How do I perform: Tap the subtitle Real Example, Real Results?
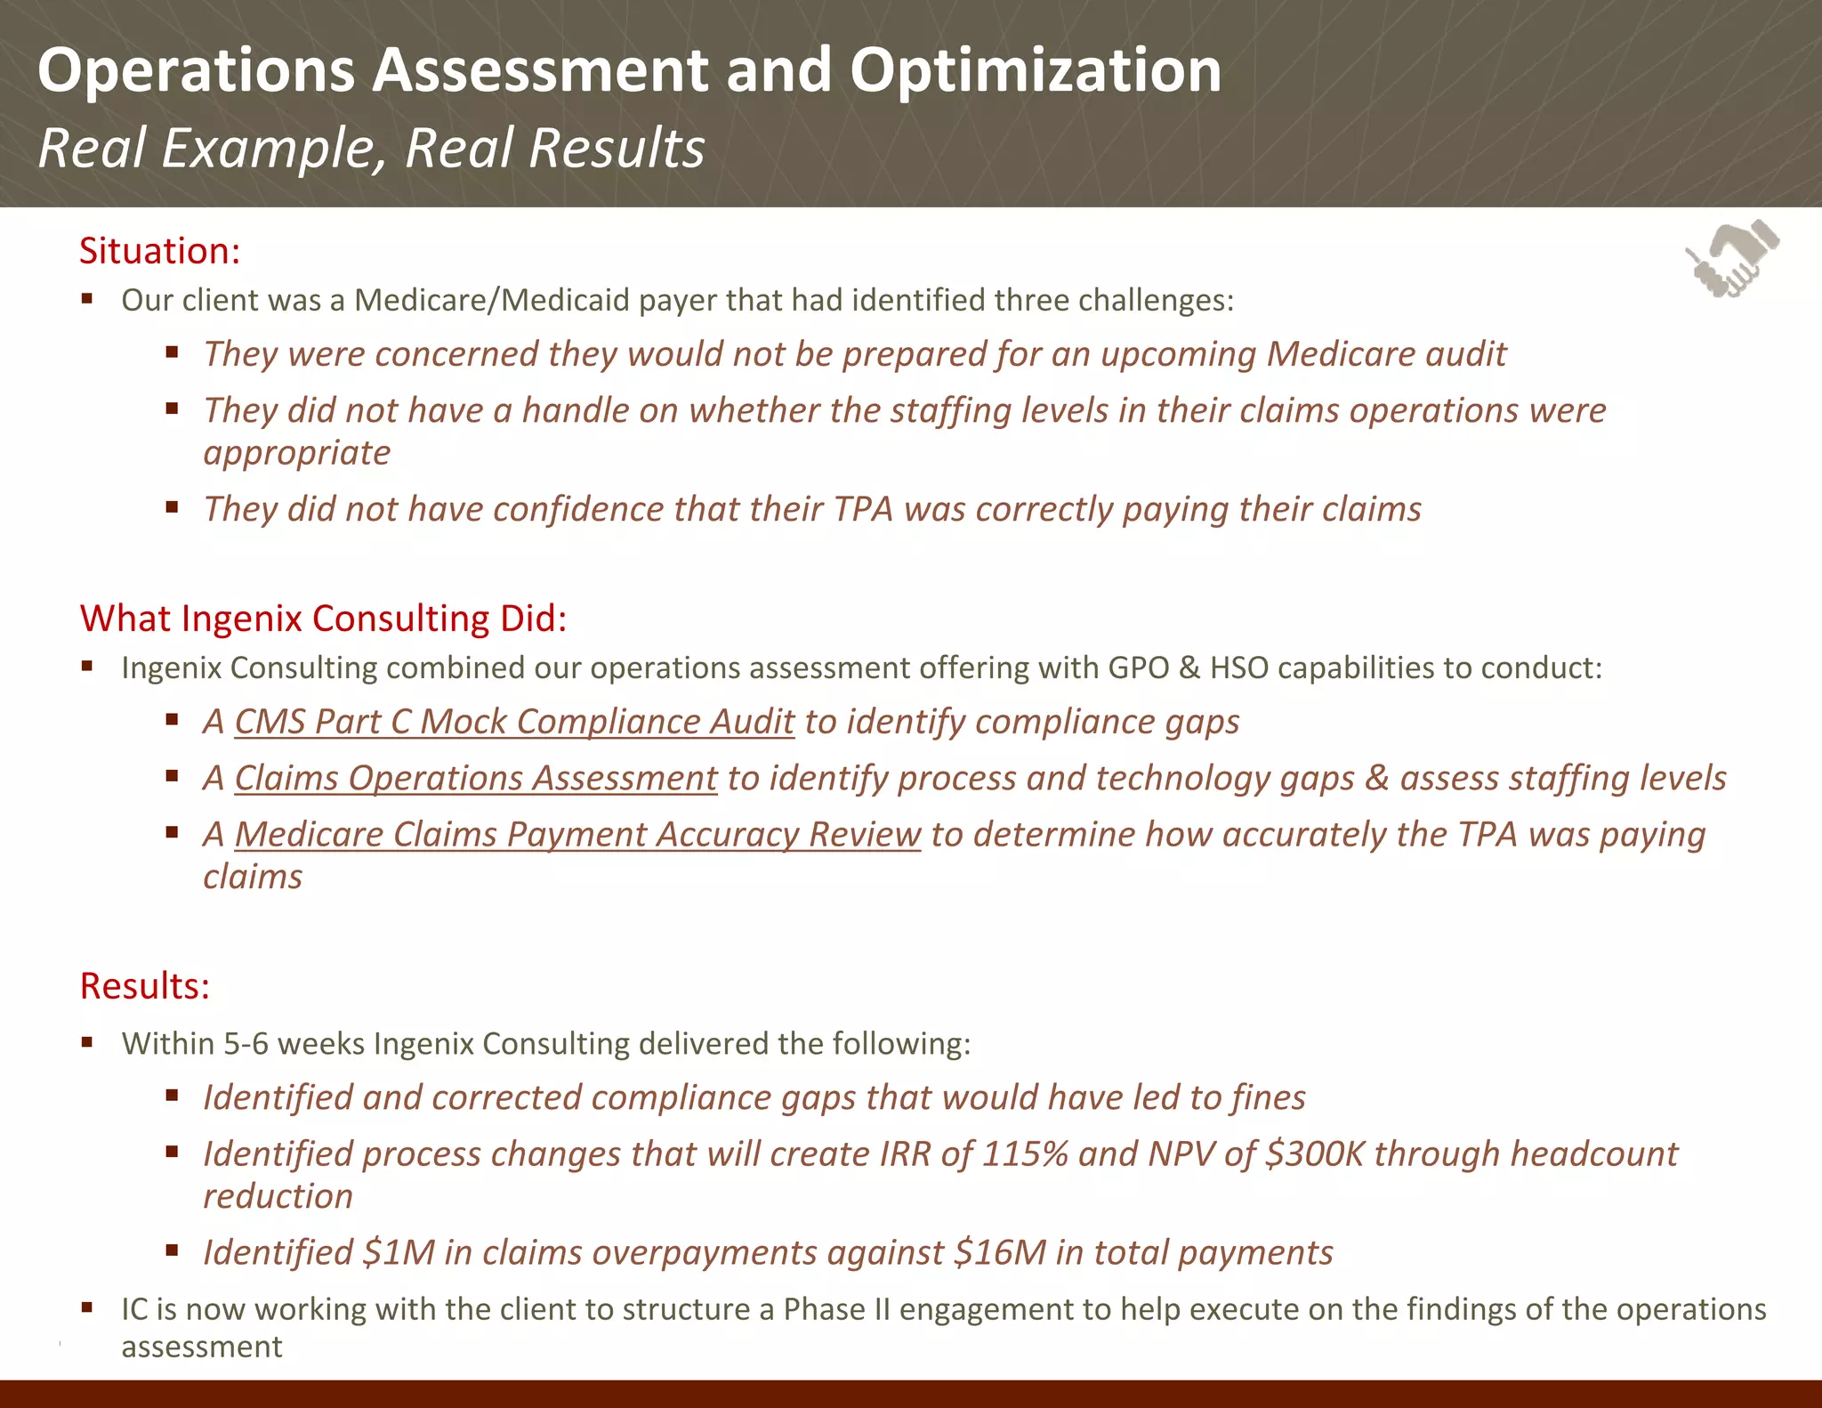point(371,148)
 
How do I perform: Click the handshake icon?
point(1731,259)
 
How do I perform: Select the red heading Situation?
point(160,251)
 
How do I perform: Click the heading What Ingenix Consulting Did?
point(323,619)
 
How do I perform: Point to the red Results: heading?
point(145,986)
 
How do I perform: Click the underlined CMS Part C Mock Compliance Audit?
point(514,722)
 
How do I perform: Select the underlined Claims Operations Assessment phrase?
point(475,779)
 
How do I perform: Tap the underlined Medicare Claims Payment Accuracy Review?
point(577,835)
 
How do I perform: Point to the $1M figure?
point(399,1253)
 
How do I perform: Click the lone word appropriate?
point(297,454)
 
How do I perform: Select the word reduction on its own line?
point(278,1197)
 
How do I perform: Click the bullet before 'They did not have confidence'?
point(173,508)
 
